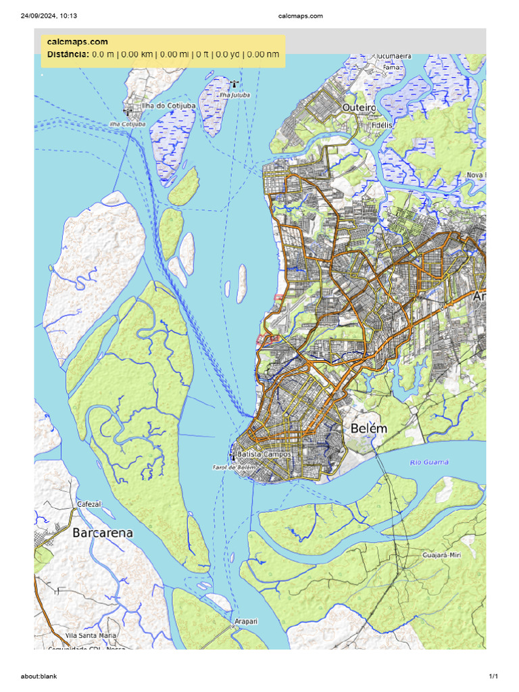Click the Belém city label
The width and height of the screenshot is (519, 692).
click(369, 428)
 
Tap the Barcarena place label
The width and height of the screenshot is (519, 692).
click(103, 533)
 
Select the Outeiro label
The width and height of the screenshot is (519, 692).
click(359, 107)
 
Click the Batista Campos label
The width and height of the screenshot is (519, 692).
click(264, 455)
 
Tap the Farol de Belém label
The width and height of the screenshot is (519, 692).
click(234, 467)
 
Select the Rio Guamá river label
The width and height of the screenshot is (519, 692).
click(429, 462)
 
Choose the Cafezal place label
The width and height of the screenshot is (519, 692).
click(89, 504)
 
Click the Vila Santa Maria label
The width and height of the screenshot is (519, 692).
click(91, 636)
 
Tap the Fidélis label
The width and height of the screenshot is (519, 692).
click(381, 125)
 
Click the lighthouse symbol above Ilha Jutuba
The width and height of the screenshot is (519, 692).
click(234, 84)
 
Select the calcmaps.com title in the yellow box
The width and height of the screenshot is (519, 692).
click(78, 42)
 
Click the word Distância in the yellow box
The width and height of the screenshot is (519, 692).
click(68, 54)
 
